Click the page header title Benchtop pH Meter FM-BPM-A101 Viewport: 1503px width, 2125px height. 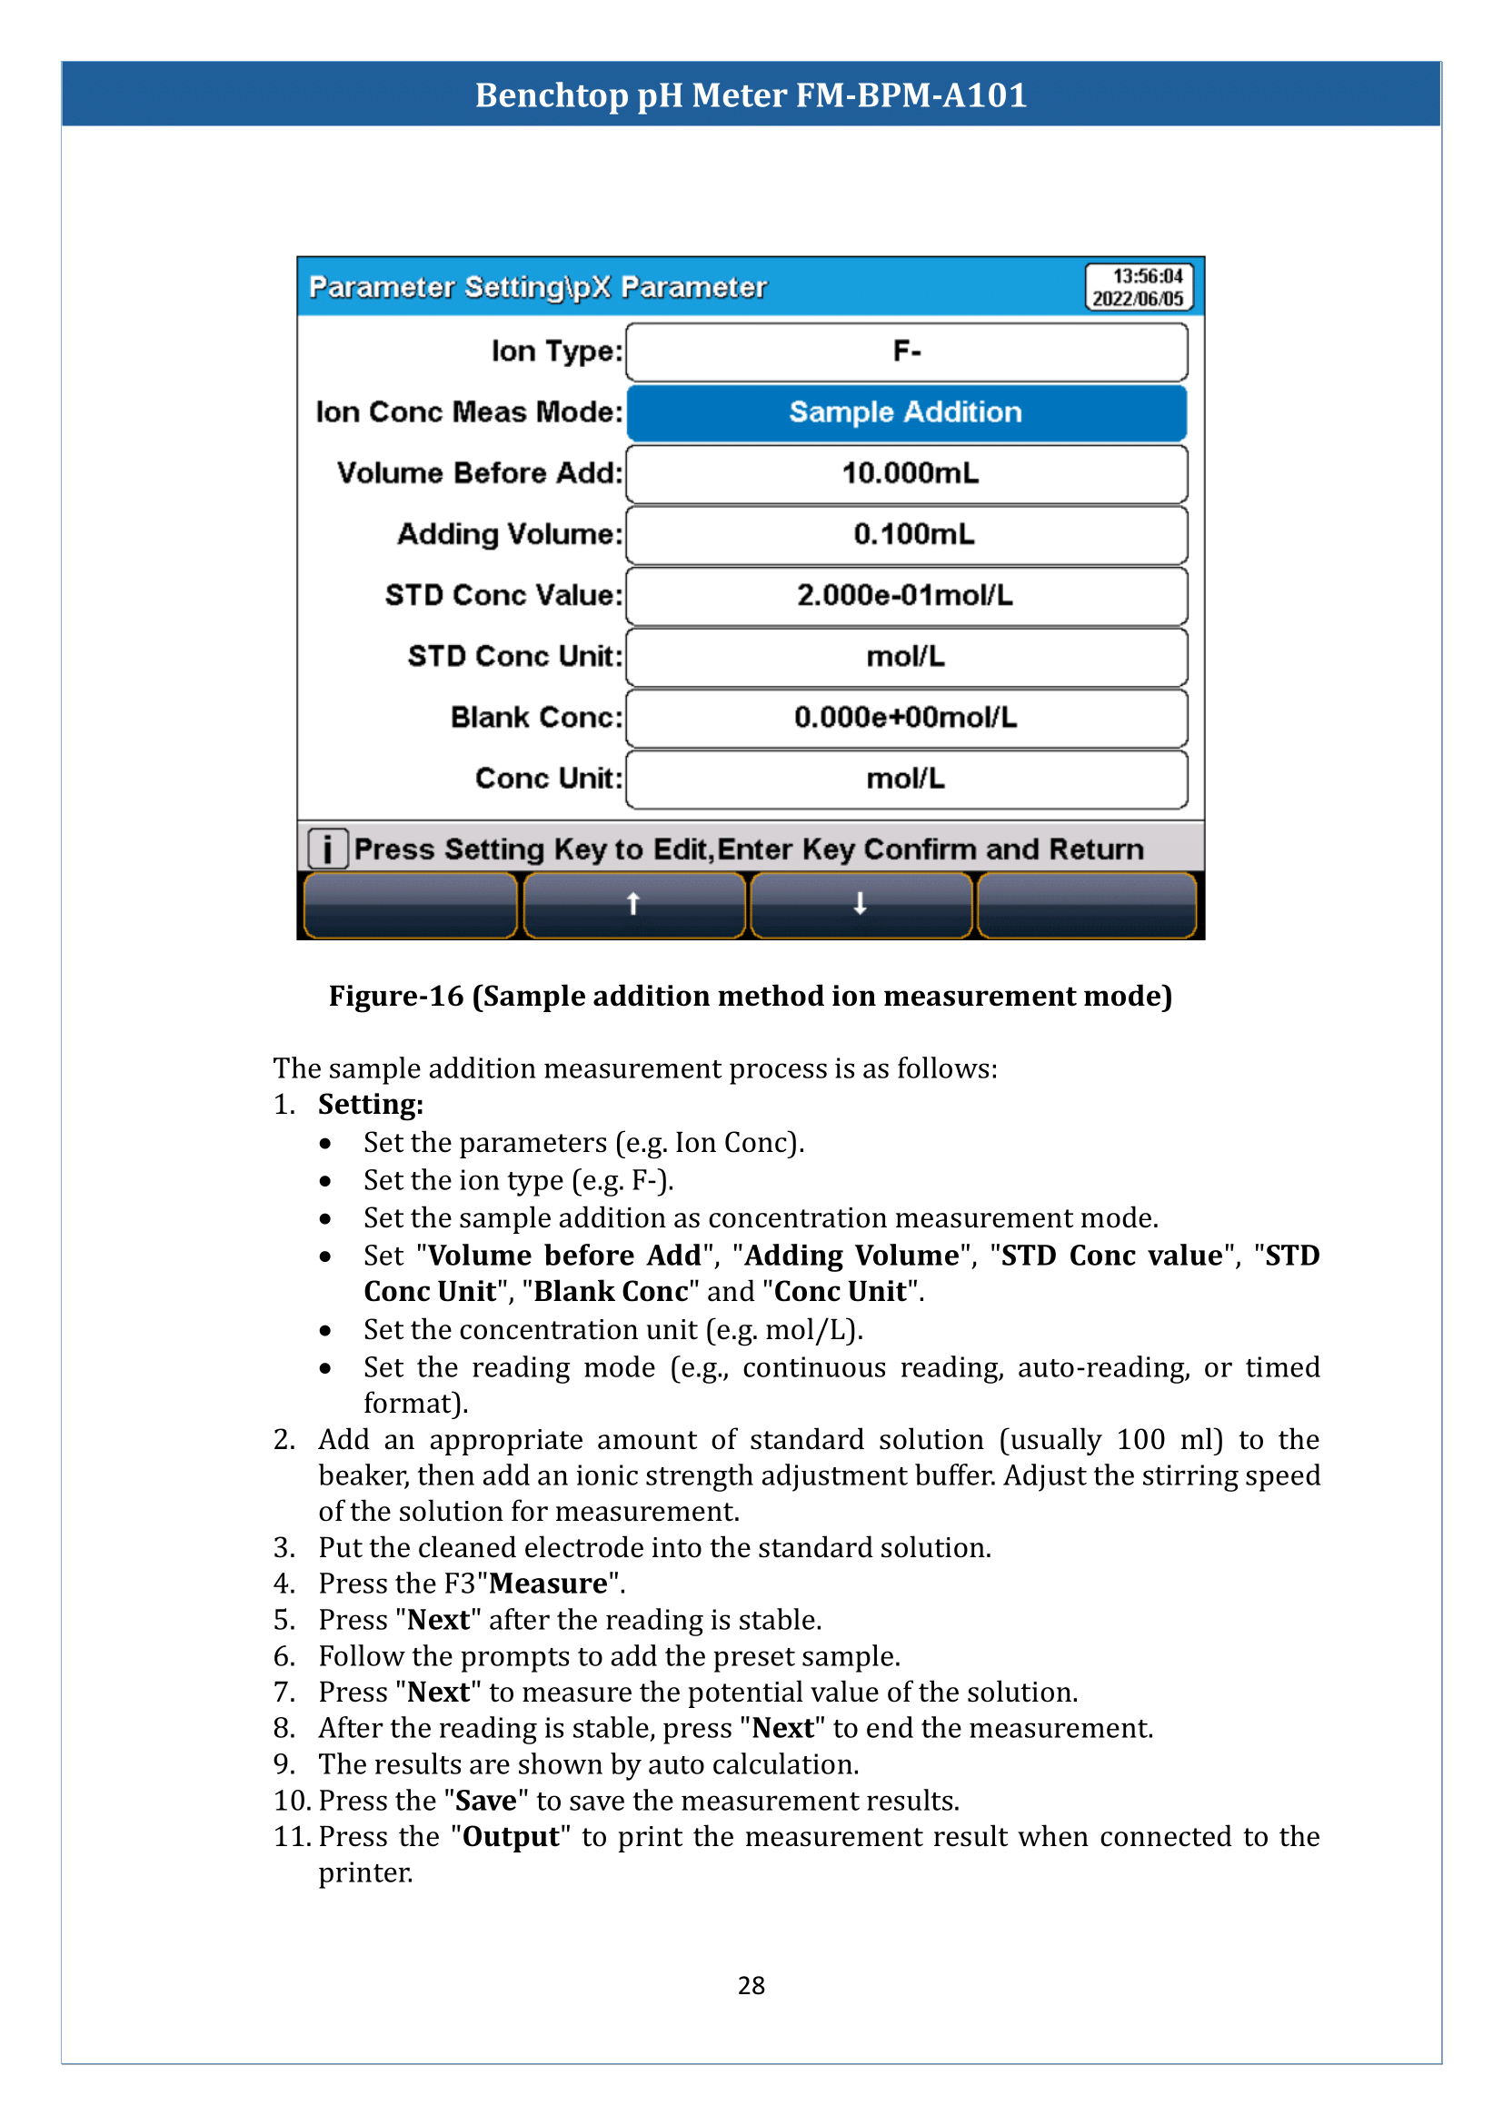tap(751, 95)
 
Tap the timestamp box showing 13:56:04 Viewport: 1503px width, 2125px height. tap(1139, 287)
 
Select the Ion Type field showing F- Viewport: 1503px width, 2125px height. tap(906, 352)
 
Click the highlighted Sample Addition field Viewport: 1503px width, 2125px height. tap(906, 412)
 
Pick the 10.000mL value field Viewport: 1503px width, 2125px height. tap(906, 474)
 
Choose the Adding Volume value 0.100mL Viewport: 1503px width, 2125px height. tap(906, 535)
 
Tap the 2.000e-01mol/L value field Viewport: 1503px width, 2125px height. tap(906, 596)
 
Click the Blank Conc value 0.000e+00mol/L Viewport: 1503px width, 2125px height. tap(906, 719)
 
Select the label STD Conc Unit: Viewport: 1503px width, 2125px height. tap(514, 657)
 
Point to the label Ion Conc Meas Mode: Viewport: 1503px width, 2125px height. tap(469, 412)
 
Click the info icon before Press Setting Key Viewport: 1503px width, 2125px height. tap(327, 849)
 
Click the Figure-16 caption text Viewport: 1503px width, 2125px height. tap(751, 997)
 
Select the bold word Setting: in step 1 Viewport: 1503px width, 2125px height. tap(370, 1105)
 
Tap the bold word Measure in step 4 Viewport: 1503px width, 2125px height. tap(548, 1584)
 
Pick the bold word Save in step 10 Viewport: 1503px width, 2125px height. tap(486, 1801)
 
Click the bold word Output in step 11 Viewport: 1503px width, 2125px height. tap(511, 1837)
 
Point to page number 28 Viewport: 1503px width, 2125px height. tap(751, 1986)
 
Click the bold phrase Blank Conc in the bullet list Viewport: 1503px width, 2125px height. tap(611, 1292)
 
